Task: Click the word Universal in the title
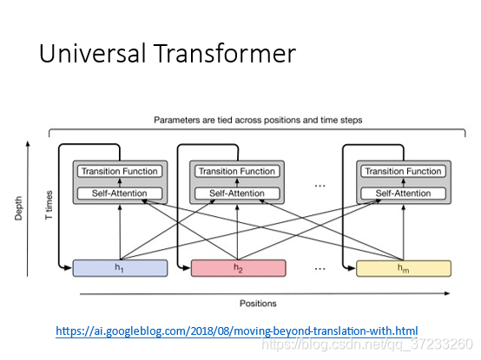coord(92,53)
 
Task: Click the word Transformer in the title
coord(225,53)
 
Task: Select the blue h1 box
coord(120,268)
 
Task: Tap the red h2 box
coord(239,268)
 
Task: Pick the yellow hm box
coord(404,268)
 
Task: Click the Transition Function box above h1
coord(120,171)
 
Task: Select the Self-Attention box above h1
coord(120,193)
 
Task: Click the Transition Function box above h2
coord(237,171)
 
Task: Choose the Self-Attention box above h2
coord(237,193)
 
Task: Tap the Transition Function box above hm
coord(404,171)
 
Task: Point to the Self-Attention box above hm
coord(404,193)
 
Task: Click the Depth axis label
coord(18,208)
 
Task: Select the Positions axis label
coord(258,304)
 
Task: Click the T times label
coord(49,205)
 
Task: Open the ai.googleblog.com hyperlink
coord(237,331)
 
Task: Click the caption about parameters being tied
coord(258,120)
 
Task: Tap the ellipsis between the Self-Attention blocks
coord(320,186)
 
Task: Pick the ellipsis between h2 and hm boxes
coord(320,269)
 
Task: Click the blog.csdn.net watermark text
coord(367,344)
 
